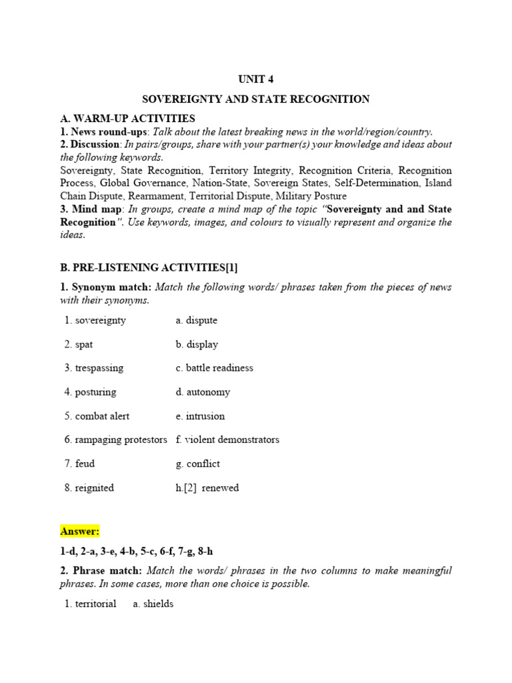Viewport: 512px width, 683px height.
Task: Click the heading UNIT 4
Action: (x=255, y=79)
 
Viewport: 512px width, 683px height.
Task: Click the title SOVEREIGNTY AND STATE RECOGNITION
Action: (x=256, y=99)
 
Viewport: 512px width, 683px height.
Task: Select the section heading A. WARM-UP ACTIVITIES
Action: (x=127, y=119)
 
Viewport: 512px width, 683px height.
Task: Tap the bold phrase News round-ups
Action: (x=95, y=131)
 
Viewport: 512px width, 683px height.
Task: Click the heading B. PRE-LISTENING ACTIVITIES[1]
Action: (x=149, y=267)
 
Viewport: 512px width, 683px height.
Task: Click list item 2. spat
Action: (x=79, y=344)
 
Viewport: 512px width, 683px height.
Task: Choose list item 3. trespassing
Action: (x=94, y=368)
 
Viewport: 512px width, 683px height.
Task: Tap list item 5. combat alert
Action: (x=97, y=416)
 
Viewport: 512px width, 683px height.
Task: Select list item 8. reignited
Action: (x=89, y=488)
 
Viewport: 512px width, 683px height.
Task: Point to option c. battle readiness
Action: (x=215, y=368)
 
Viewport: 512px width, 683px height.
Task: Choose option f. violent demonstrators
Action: (x=227, y=440)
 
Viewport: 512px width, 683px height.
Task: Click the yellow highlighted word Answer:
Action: (x=80, y=531)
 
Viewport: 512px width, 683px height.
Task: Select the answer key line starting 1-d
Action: (x=137, y=552)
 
